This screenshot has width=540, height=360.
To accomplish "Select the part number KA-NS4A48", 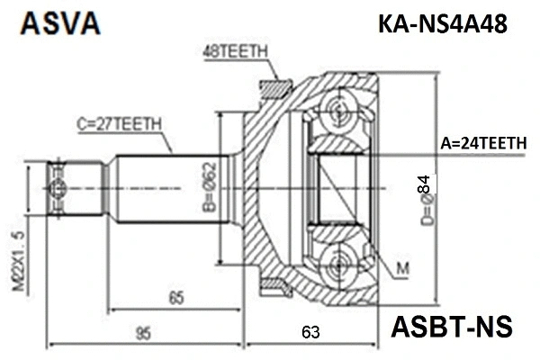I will (x=442, y=25).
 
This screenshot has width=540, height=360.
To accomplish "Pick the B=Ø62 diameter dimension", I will (x=210, y=192).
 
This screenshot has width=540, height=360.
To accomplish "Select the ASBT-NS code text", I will (x=450, y=325).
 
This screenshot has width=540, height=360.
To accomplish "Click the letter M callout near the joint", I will (x=402, y=267).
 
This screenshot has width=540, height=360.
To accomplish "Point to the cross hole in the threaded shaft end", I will (x=59, y=188).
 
